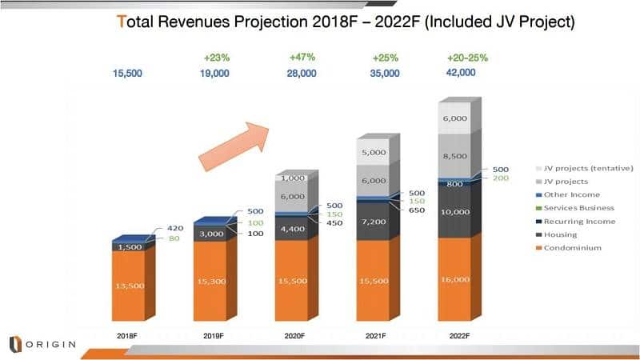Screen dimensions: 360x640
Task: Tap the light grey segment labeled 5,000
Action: coord(373,152)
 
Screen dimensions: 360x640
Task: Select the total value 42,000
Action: coord(460,72)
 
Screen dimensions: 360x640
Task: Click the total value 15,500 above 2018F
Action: coord(129,74)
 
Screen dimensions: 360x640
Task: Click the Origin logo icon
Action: coord(14,344)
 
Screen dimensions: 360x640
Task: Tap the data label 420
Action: coord(174,228)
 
